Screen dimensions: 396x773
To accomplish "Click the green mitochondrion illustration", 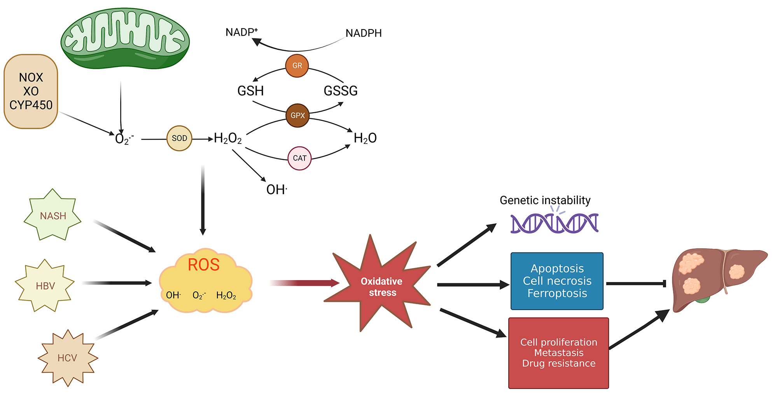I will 125,39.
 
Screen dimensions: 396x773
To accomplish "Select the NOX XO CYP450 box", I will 31,91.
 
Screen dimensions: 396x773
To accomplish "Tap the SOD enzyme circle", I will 179,138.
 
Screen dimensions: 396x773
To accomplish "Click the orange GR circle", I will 297,66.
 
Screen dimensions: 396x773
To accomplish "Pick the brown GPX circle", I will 297,115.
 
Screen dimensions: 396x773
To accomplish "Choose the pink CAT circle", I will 299,158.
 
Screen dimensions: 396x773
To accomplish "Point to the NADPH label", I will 364,33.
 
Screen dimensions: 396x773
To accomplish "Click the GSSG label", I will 341,91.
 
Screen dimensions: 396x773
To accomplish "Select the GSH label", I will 250,91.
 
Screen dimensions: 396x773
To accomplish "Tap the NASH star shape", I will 53,216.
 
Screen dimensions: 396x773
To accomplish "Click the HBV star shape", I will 45,286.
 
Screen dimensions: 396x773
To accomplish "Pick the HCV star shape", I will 67,358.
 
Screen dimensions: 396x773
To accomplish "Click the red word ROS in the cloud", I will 203,265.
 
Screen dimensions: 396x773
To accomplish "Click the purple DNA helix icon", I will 554,223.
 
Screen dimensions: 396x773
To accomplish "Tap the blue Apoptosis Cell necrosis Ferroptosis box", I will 557,281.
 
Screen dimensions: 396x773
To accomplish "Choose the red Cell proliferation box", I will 558,353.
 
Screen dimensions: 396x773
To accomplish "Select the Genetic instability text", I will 545,200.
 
